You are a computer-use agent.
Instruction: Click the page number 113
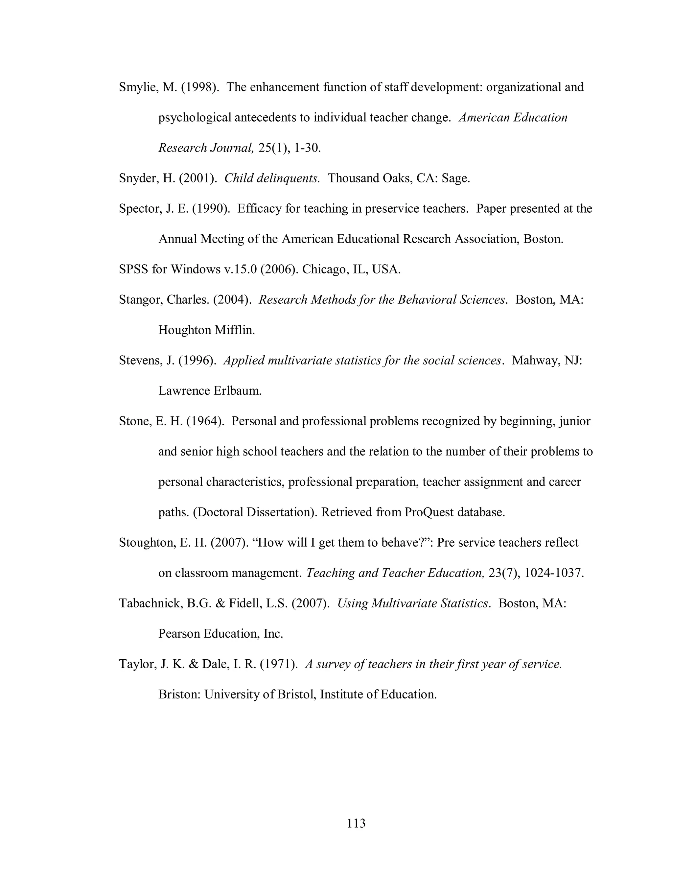point(356,823)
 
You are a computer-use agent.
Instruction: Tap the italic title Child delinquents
point(272,178)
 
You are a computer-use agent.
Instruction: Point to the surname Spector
point(140,209)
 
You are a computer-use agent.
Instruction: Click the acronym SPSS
point(133,270)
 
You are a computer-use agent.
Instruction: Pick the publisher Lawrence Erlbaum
point(210,391)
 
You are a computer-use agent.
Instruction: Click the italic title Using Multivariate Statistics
point(413,603)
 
